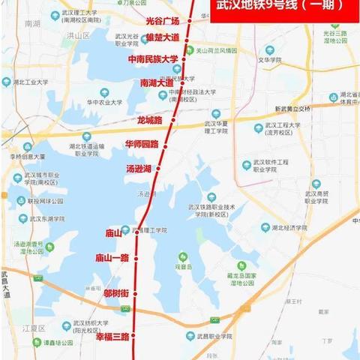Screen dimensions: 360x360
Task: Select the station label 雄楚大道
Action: coord(161,37)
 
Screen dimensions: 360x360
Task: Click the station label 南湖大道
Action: coord(156,83)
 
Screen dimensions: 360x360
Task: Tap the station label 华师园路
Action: coord(142,144)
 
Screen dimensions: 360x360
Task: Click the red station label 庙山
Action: coord(113,233)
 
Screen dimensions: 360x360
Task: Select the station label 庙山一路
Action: coord(112,258)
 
